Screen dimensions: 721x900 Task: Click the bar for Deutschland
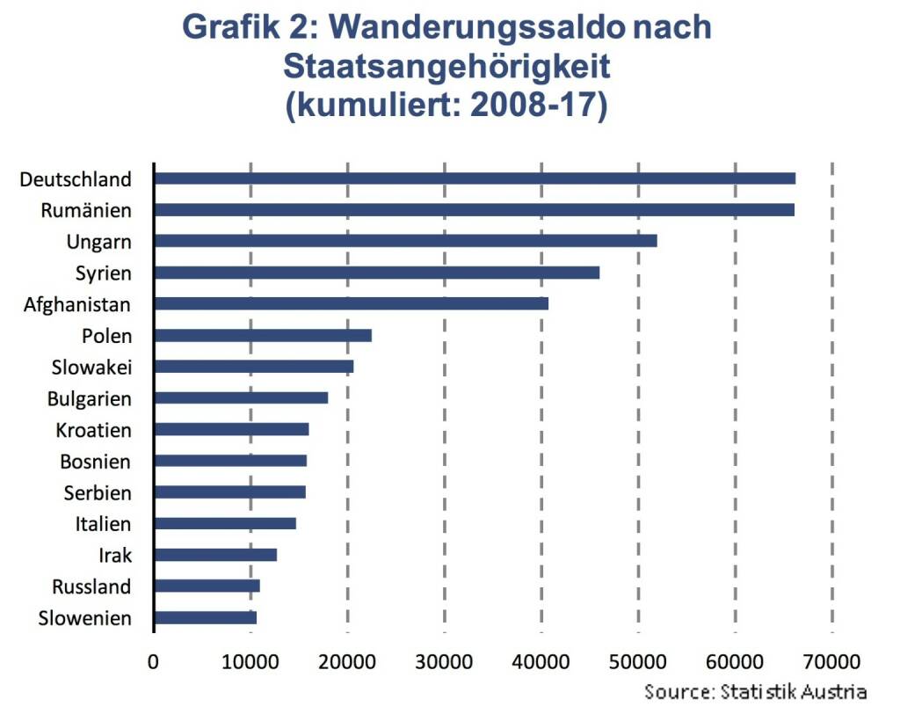[475, 178]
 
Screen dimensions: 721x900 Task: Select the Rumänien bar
[475, 210]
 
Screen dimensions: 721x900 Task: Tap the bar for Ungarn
[405, 241]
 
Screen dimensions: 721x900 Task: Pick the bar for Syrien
[377, 273]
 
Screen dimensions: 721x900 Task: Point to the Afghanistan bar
[352, 303]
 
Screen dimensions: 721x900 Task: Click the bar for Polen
[263, 335]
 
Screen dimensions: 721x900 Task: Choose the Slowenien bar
[206, 617]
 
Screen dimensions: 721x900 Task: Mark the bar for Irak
[215, 555]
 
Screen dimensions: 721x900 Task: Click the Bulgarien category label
[89, 399]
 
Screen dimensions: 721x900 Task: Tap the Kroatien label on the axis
[93, 431]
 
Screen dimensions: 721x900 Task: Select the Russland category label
[91, 586]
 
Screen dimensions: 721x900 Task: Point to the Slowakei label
[91, 368]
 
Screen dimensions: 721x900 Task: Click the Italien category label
[103, 525]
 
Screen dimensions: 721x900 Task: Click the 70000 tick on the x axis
[831, 660]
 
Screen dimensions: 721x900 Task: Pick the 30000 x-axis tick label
[445, 660]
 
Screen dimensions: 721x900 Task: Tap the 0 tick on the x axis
[154, 660]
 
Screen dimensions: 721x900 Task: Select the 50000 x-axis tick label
[638, 660]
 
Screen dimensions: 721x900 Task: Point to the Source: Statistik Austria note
[755, 691]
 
